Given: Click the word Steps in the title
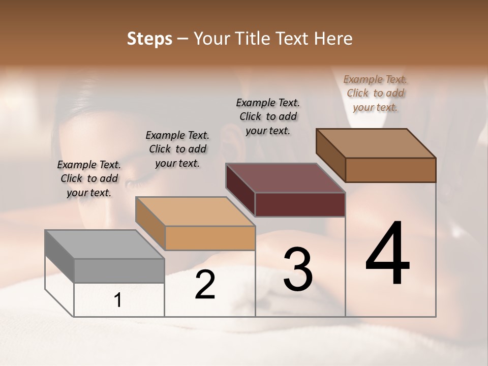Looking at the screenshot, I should tap(149, 39).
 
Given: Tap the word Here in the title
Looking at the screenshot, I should tap(333, 39).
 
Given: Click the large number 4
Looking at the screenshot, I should tap(387, 254).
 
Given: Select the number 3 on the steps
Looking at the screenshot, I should tap(298, 269).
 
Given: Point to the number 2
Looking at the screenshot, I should tap(205, 285).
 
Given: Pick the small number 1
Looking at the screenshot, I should tap(118, 300).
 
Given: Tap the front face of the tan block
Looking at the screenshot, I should tap(210, 238).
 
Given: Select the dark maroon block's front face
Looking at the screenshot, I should tap(300, 204).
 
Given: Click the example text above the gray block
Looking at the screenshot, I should tap(89, 178).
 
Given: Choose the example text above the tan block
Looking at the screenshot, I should tap(177, 149).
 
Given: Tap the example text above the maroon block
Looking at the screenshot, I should tap(268, 116).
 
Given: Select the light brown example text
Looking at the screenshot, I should tap(375, 93).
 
